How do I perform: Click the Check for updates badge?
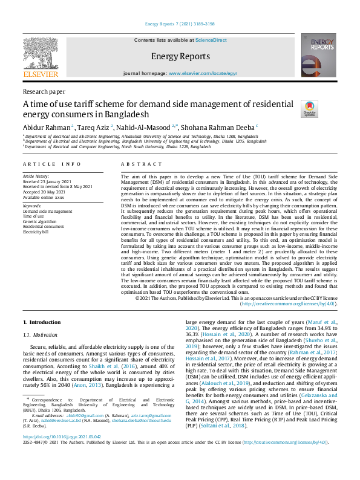309,109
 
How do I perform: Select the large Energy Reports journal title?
180,56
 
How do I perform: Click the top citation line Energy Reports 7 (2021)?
180,25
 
